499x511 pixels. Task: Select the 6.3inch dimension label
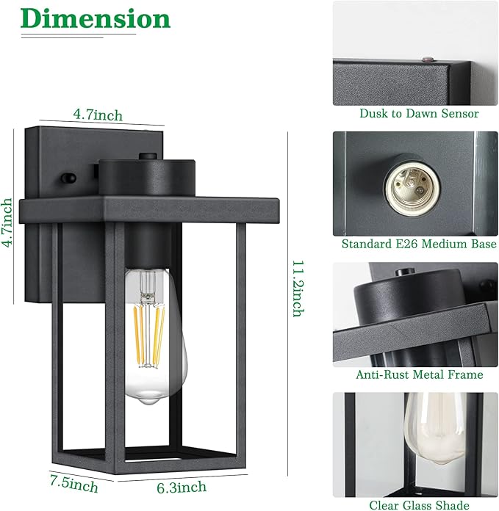tap(182, 487)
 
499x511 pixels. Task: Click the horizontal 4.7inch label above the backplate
tap(98, 115)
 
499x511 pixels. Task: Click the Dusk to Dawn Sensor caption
tap(419, 113)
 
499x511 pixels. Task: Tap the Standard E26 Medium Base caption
tap(419, 244)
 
